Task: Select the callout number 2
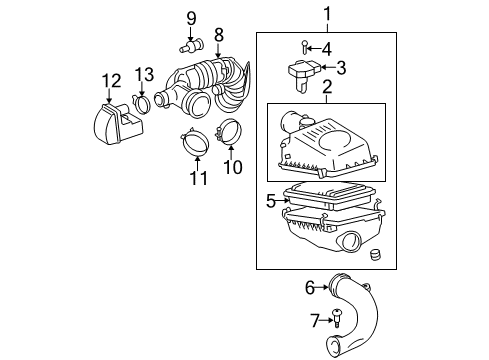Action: [325, 90]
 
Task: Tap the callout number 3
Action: [341, 68]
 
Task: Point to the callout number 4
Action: [326, 48]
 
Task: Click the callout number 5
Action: [270, 200]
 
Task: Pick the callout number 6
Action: [310, 288]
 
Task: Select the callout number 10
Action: [232, 167]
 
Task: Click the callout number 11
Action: [197, 179]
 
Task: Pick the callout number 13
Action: [145, 74]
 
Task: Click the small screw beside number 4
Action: [303, 46]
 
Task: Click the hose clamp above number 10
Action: [228, 130]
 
